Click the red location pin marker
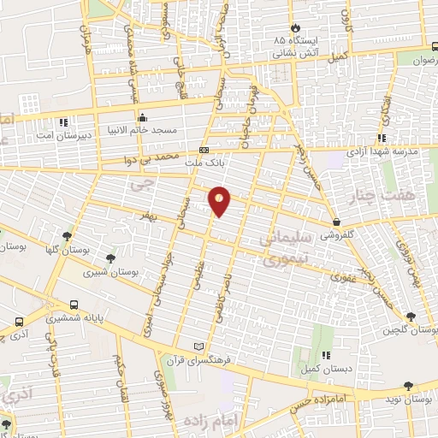(x=220, y=199)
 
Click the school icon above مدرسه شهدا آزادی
(x=382, y=137)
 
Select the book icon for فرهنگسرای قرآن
(x=199, y=346)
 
